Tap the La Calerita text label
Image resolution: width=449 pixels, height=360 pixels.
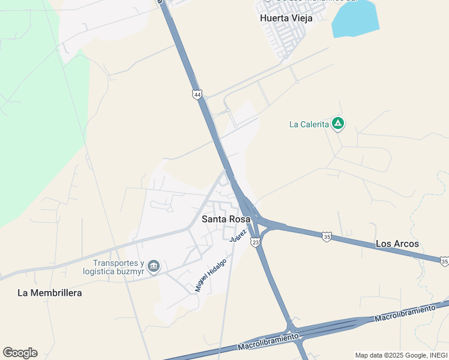(x=309, y=124)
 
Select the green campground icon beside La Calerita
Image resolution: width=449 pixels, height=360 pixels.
(x=338, y=124)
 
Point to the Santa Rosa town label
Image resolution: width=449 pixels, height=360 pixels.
(x=225, y=219)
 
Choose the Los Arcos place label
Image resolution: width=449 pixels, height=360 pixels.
(x=397, y=244)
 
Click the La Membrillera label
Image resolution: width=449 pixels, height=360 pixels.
(x=49, y=293)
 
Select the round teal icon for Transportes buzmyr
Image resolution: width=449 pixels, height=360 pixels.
(x=154, y=266)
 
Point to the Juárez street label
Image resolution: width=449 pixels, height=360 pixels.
(x=238, y=235)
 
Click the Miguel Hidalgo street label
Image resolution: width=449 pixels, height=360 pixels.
(x=211, y=275)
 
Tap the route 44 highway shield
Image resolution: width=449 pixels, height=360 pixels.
(x=197, y=94)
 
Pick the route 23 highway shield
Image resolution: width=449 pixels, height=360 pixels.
(x=255, y=242)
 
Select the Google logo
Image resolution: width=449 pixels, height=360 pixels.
(x=20, y=353)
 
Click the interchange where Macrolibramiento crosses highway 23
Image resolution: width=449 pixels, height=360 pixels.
(x=294, y=329)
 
